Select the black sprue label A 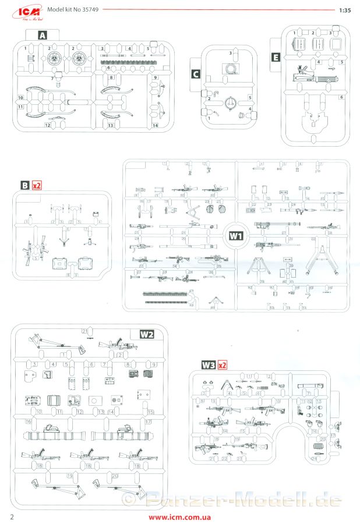click(x=42, y=36)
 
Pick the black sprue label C click(x=196, y=74)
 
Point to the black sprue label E click(x=276, y=57)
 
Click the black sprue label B click(x=24, y=186)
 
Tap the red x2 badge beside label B click(x=37, y=186)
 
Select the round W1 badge click(x=235, y=236)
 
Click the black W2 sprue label click(x=146, y=334)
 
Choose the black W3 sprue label click(x=208, y=365)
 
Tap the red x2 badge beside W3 click(x=221, y=365)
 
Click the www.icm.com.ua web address click(x=179, y=516)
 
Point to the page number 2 click(x=11, y=516)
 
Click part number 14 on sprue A click(x=156, y=125)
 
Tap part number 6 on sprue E click(x=342, y=97)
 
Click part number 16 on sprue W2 click(x=27, y=421)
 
